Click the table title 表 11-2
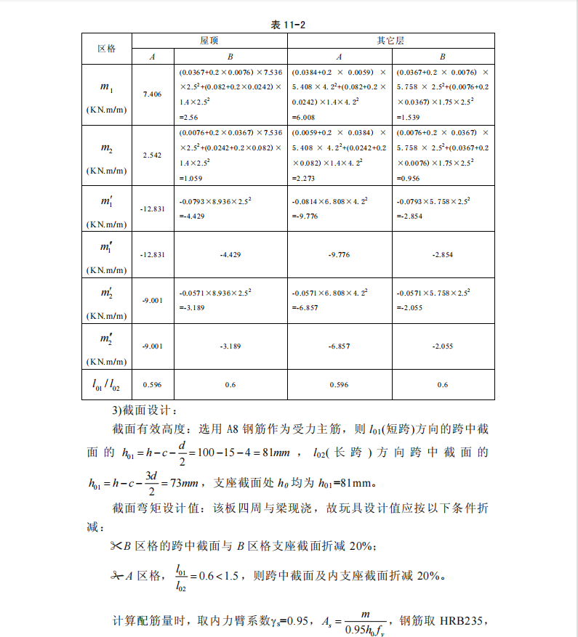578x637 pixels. [289, 25]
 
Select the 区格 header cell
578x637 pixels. [106, 48]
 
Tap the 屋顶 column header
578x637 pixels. [209, 41]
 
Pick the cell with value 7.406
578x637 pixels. [153, 94]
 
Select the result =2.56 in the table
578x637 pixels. [188, 116]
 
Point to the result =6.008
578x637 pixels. [303, 116]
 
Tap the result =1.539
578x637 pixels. [409, 116]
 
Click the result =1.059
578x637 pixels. [190, 177]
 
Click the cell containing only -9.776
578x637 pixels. [340, 255]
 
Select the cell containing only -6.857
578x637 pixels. [340, 346]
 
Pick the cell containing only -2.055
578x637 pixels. [443, 346]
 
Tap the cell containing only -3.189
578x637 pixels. [230, 346]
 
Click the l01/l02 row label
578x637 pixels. [106, 384]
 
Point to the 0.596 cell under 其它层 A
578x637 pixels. [340, 384]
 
